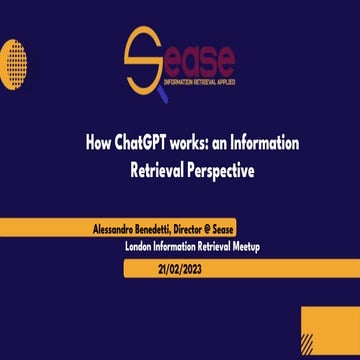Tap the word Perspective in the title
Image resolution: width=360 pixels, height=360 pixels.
214,170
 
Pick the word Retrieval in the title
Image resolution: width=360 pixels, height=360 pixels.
152,170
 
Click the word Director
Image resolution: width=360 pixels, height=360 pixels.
197,229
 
